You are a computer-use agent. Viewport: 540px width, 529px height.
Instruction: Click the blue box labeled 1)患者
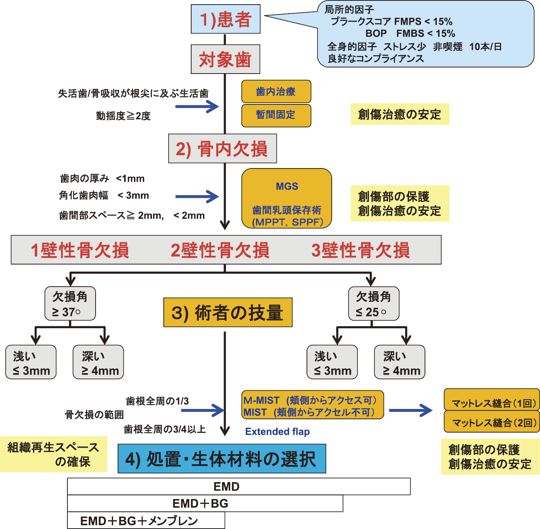click(225, 19)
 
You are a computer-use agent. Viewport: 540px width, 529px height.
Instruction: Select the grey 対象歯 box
click(225, 59)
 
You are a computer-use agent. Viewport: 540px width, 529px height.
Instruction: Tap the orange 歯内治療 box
click(276, 91)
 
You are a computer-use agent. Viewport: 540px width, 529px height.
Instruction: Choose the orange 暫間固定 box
click(276, 115)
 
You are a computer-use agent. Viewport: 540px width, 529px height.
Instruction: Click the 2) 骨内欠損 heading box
click(222, 149)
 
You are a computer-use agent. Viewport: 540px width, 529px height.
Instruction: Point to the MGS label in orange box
click(287, 186)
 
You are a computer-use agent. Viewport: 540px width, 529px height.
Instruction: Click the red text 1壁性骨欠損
click(80, 250)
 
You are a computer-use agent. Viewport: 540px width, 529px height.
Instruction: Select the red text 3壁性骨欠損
click(360, 250)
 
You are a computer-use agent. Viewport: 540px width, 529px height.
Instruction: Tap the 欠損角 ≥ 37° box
click(70, 304)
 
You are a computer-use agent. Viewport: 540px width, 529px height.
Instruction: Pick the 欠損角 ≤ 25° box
click(374, 304)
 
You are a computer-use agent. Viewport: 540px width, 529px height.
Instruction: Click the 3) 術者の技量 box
click(228, 313)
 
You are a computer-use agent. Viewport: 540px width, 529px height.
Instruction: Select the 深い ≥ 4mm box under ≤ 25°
click(399, 362)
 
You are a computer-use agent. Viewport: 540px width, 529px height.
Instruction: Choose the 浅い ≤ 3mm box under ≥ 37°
click(31, 362)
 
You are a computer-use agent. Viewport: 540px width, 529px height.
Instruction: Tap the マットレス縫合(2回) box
click(492, 422)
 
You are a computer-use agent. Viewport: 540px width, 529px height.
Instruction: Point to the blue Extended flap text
click(277, 431)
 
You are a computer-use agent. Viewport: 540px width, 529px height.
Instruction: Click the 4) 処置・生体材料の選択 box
click(222, 458)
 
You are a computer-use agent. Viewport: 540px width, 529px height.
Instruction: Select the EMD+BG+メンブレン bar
click(146, 520)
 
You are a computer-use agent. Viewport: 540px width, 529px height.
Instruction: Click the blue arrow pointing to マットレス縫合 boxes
click(411, 410)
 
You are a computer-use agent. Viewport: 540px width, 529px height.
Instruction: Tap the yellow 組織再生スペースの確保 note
click(53, 454)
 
